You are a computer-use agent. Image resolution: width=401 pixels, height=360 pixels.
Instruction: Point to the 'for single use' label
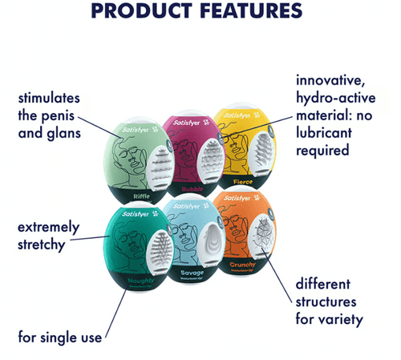(x=60, y=338)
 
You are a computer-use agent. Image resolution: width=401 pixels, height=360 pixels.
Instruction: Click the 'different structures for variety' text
(x=329, y=301)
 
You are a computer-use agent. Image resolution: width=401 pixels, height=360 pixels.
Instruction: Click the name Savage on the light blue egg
(x=192, y=273)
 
